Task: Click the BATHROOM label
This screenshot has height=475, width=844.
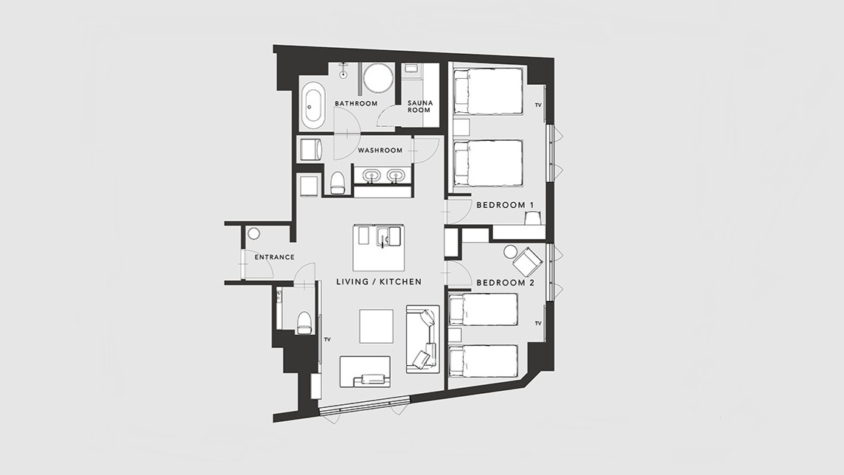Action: click(356, 103)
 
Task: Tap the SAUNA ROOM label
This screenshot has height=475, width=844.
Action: click(419, 106)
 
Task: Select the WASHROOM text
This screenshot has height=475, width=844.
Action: click(380, 150)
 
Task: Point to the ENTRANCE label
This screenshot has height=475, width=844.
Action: click(274, 257)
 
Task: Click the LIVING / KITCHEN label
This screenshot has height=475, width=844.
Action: click(379, 282)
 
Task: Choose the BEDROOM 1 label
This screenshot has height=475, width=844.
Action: click(505, 205)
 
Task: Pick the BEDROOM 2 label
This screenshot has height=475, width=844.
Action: click(505, 282)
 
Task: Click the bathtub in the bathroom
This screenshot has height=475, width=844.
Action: click(311, 105)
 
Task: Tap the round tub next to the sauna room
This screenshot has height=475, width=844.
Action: click(379, 79)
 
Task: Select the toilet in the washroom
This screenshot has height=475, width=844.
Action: click(338, 182)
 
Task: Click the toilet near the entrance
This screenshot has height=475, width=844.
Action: click(304, 322)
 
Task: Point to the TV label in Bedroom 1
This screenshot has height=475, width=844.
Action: click(538, 105)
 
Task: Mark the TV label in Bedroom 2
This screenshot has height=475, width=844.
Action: click(538, 323)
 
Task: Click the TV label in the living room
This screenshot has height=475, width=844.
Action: click(327, 339)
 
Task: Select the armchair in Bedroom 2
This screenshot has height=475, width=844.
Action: click(528, 262)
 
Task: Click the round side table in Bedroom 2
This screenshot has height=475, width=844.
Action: click(510, 252)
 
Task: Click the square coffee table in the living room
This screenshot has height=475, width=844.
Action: click(376, 326)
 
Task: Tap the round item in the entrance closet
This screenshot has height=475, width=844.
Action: click(254, 234)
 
